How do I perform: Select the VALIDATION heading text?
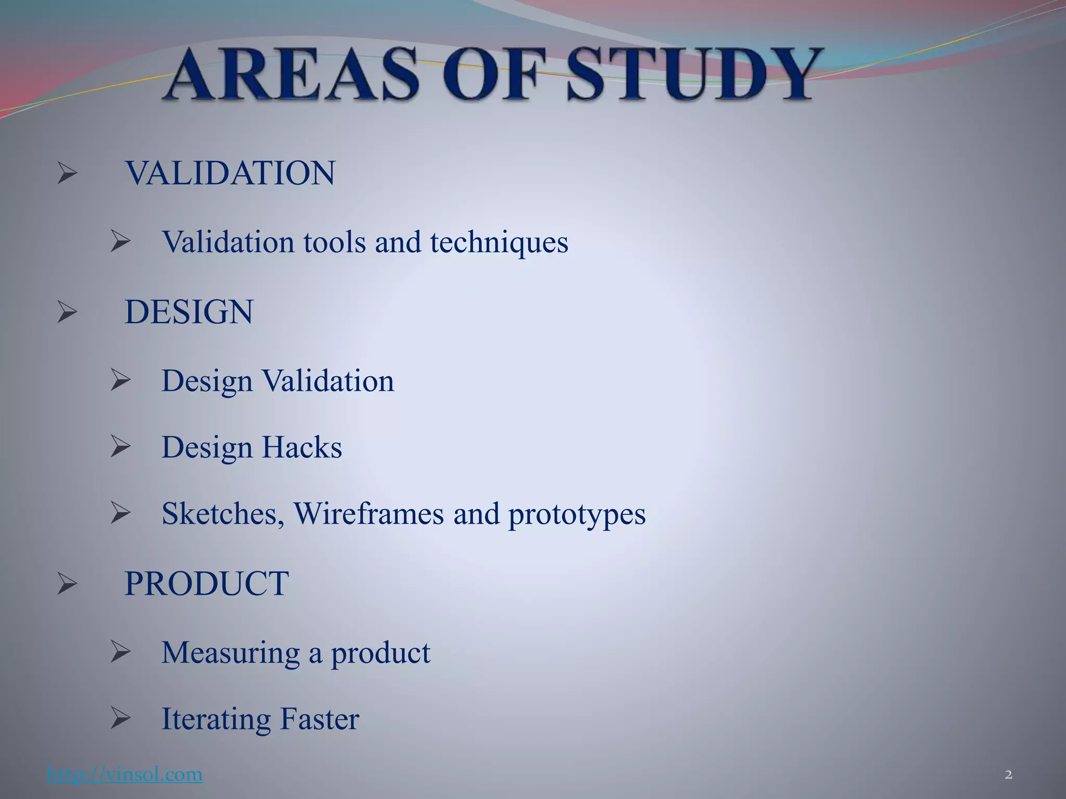[230, 173]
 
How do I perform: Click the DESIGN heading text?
[189, 312]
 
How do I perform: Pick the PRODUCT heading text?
[207, 583]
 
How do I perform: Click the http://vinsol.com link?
[124, 775]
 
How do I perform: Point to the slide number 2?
[1008, 775]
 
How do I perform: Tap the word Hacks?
[301, 447]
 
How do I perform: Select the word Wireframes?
[369, 514]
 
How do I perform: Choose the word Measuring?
[231, 653]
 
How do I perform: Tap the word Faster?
[319, 719]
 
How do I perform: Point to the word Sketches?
[223, 514]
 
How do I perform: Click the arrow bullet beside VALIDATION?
[67, 173]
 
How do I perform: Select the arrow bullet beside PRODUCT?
[67, 583]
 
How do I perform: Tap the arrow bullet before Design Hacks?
[120, 447]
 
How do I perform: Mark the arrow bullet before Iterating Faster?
[120, 719]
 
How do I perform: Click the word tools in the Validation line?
[334, 242]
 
